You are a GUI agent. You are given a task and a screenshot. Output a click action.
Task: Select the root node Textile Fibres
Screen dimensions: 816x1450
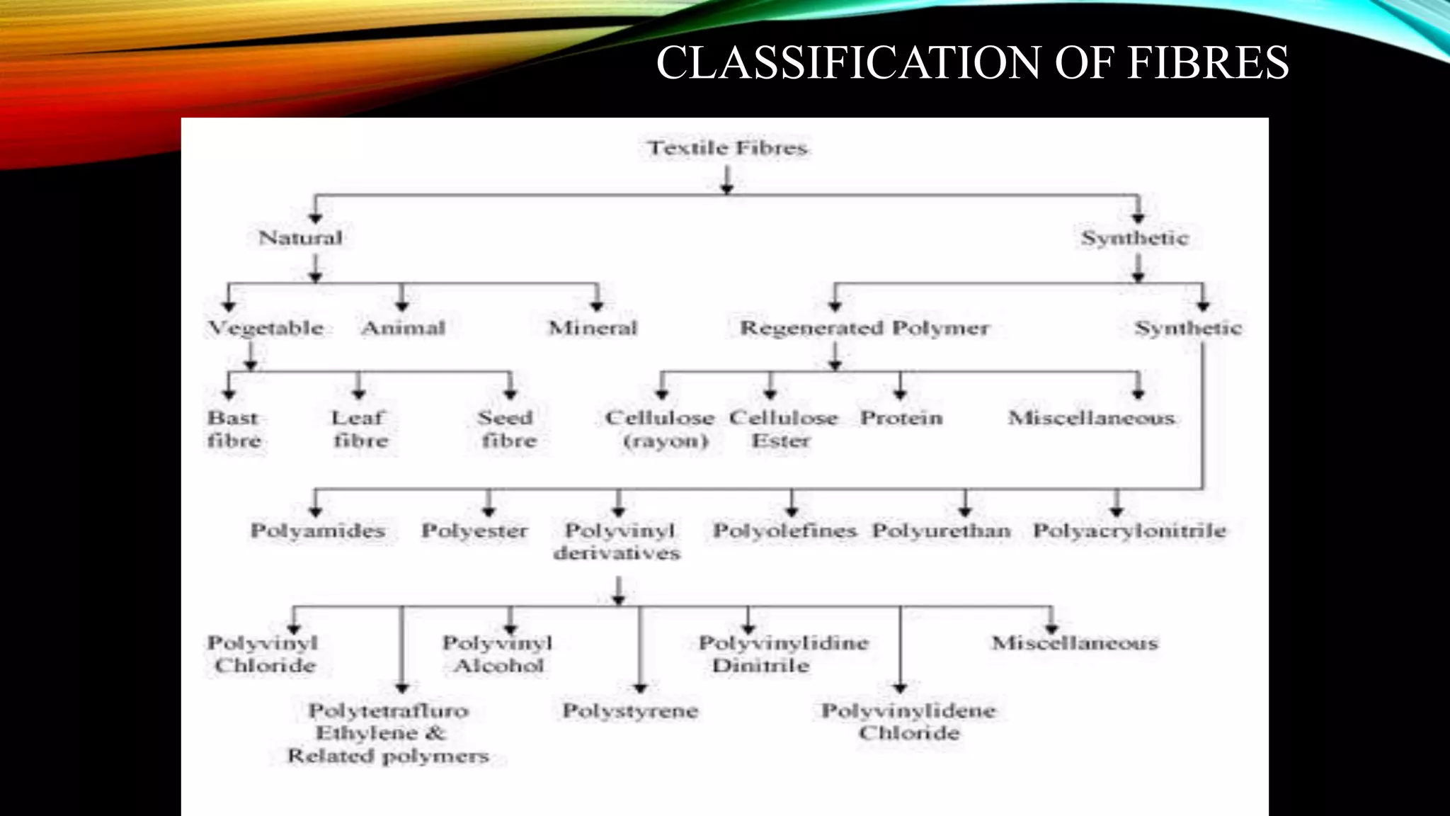pyautogui.click(x=727, y=148)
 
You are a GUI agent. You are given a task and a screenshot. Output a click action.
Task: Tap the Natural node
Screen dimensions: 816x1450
pyautogui.click(x=300, y=237)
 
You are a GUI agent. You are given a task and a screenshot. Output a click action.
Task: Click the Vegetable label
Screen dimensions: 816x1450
pyautogui.click(x=266, y=328)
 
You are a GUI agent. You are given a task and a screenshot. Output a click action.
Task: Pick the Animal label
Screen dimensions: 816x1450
pyautogui.click(x=403, y=328)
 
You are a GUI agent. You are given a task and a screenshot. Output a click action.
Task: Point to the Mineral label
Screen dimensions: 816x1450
pyautogui.click(x=593, y=328)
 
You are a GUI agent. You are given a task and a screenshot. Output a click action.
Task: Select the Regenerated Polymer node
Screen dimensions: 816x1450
pyautogui.click(x=864, y=328)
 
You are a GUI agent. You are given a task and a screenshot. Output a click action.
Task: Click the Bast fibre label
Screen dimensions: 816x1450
pyautogui.click(x=234, y=429)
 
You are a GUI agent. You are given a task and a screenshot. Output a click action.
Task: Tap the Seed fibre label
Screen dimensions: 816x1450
pyautogui.click(x=507, y=429)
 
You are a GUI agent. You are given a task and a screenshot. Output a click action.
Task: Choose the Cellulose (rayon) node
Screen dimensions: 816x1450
pyautogui.click(x=660, y=429)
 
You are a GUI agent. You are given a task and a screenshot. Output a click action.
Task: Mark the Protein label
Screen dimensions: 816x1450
pyautogui.click(x=901, y=418)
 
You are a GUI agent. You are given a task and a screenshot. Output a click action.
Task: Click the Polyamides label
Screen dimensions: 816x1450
pyautogui.click(x=317, y=531)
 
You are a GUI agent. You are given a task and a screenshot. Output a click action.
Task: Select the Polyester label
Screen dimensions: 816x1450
pyautogui.click(x=474, y=531)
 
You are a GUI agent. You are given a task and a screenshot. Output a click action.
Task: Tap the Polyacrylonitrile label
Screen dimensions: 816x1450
pyautogui.click(x=1129, y=531)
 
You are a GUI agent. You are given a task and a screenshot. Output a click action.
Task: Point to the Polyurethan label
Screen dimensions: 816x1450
pyautogui.click(x=941, y=531)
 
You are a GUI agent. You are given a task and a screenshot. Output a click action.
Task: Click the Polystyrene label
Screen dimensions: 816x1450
pyautogui.click(x=630, y=710)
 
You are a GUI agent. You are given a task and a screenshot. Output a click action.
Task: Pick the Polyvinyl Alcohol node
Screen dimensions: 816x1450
pyautogui.click(x=498, y=654)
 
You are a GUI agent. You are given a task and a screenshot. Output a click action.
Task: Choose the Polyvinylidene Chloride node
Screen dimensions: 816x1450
pyautogui.click(x=908, y=721)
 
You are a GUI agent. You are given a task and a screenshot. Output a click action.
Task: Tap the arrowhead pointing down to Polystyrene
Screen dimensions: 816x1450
pyautogui.click(x=640, y=687)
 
